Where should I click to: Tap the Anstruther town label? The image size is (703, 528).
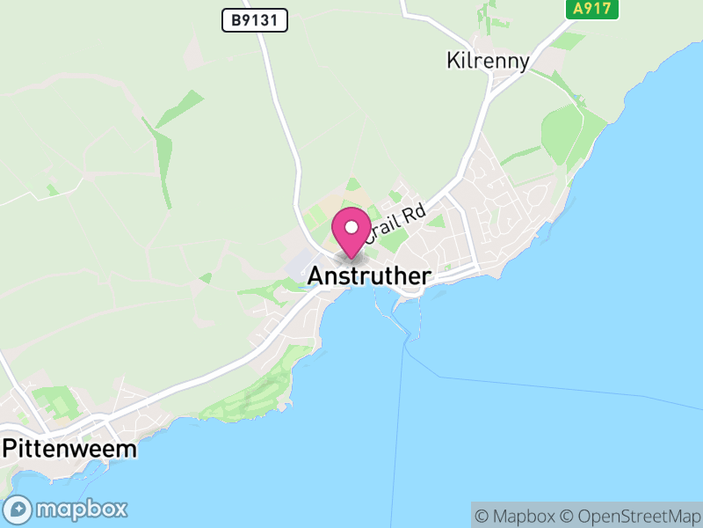coord(369,276)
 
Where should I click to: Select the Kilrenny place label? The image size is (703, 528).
coord(489,61)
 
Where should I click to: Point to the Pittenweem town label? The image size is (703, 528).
coord(70,449)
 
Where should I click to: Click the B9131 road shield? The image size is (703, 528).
coord(255,21)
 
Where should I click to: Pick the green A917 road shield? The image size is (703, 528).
coord(591,9)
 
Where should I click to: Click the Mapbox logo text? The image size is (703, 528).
coord(82,509)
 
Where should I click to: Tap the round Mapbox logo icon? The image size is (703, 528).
coord(18,509)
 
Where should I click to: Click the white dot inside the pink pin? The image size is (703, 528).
coord(351,228)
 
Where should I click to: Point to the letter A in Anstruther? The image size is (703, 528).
coord(315,276)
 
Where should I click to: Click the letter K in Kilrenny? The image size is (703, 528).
coord(453,61)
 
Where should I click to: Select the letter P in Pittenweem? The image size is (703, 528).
coord(10,449)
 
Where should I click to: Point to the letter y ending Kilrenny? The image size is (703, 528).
coord(524,63)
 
